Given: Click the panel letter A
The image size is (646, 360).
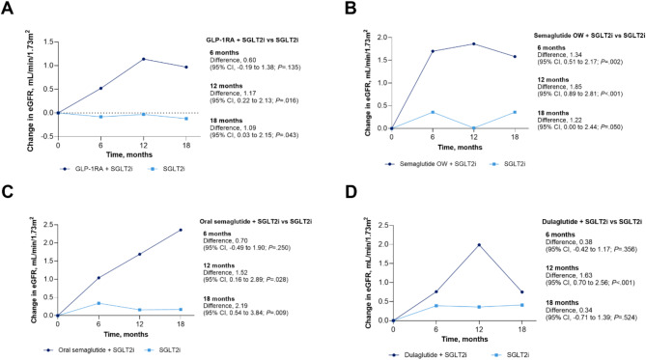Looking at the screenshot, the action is coord(7,9).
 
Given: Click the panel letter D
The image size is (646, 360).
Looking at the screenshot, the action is coord(351,192).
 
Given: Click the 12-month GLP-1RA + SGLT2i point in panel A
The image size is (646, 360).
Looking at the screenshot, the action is coord(143,59).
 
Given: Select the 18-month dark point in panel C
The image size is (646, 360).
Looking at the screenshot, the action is coord(181,230).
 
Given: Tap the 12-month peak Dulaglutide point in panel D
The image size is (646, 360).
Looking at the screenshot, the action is coord(479,245).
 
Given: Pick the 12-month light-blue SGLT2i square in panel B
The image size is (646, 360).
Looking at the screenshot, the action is coord(474,128).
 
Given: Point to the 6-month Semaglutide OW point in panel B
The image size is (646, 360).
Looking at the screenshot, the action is coord(433,51).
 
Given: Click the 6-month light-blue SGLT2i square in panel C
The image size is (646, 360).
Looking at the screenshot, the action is coord(98,303).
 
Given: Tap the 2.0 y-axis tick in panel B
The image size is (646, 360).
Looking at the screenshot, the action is coord(382,37).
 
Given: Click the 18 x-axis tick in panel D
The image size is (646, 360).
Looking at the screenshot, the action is coord(521,330).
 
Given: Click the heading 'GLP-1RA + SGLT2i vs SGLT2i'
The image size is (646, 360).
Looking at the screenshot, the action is coord(252,40).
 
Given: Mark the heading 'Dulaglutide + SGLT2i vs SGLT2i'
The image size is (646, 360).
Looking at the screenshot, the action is coord(592,222).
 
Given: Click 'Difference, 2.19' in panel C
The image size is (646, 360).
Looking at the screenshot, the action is coord(220,306).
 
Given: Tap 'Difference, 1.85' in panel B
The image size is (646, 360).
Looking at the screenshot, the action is coord(554,87).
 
